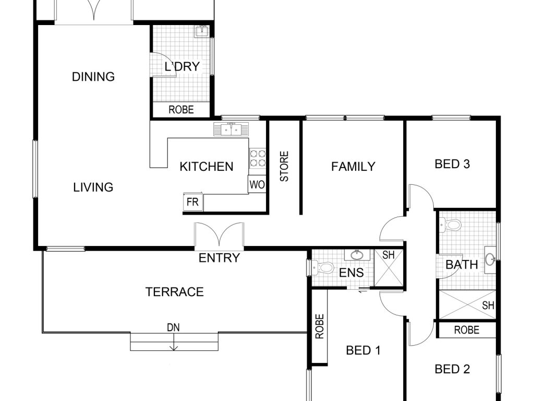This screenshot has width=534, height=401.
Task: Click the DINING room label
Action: tap(93, 76)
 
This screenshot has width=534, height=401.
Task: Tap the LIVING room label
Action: tap(93, 187)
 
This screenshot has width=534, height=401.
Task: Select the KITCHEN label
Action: tap(207, 167)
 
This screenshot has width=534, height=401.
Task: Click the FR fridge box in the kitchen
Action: tap(193, 202)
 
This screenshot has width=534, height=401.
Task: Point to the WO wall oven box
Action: tap(257, 184)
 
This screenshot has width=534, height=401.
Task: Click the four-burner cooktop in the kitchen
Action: tap(258, 158)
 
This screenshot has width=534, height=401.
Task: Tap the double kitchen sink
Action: tap(231, 129)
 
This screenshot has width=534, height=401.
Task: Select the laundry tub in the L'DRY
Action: tap(202, 31)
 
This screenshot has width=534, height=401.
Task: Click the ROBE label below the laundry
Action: tap(181, 110)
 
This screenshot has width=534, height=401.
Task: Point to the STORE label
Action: tap(284, 167)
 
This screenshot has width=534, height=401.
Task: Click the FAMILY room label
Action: tap(353, 167)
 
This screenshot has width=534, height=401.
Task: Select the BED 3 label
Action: tap(452, 164)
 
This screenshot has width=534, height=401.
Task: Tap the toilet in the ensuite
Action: tap(322, 267)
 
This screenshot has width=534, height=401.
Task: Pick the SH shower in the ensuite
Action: tap(389, 268)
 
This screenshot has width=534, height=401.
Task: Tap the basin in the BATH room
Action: tap(490, 260)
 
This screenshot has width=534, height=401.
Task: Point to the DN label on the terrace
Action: tap(173, 328)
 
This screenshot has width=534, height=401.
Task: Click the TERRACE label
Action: tap(174, 292)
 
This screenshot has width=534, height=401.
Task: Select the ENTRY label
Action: tap(219, 258)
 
